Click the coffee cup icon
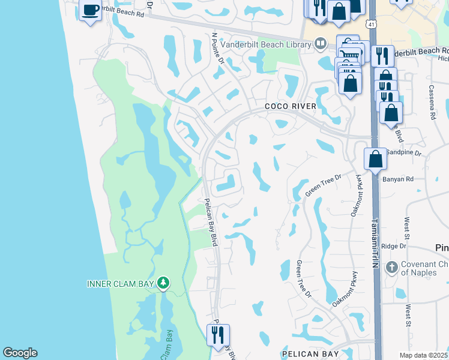[90, 10]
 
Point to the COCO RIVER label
[291, 106]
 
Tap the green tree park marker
[163, 282]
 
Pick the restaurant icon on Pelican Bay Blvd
[218, 334]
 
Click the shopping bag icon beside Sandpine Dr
[375, 159]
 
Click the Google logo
[20, 353]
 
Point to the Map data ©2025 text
[423, 355]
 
